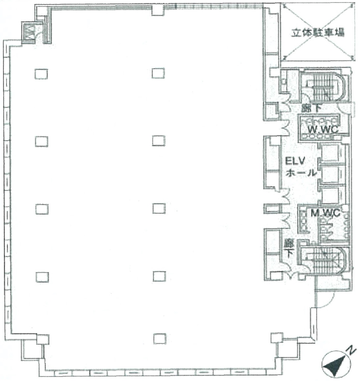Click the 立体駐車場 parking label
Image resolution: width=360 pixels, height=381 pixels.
pos(318,32)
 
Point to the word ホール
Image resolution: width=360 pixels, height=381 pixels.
pos(301,173)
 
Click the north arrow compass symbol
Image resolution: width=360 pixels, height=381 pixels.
pos(335,365)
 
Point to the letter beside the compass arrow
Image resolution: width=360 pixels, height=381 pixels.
pos(350,351)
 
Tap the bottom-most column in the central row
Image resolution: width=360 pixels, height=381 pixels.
pos(159,338)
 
